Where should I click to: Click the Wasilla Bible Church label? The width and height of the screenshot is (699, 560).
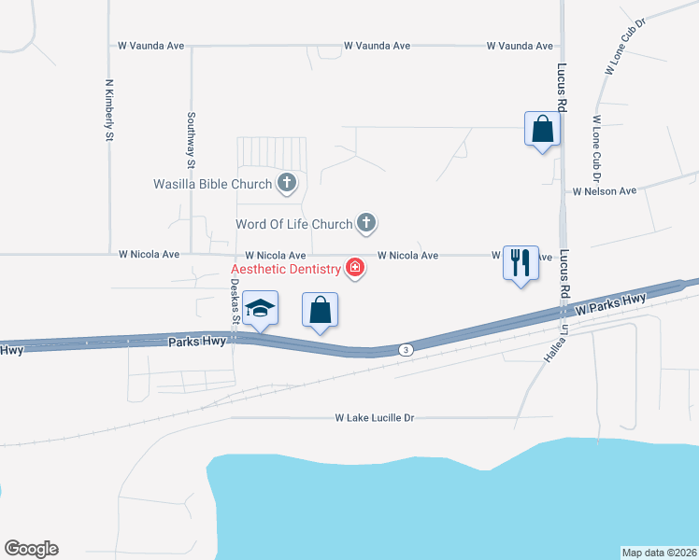pyautogui.click(x=212, y=184)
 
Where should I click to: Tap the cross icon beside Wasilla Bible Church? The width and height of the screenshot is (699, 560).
pyautogui.click(x=286, y=184)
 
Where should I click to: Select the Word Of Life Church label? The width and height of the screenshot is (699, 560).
pyautogui.click(x=293, y=224)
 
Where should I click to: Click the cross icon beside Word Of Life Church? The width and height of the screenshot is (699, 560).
pyautogui.click(x=367, y=223)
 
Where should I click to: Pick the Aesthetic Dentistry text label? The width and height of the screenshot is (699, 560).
pyautogui.click(x=286, y=270)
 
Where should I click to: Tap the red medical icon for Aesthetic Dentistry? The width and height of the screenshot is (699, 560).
pyautogui.click(x=355, y=269)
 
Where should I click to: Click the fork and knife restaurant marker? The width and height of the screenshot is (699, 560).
pyautogui.click(x=521, y=261)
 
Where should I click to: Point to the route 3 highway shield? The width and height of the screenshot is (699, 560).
pyautogui.click(x=405, y=349)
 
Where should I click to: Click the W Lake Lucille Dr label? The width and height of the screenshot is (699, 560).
pyautogui.click(x=374, y=418)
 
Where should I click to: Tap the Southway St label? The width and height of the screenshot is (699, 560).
pyautogui.click(x=191, y=141)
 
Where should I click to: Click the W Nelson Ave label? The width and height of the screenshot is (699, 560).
pyautogui.click(x=605, y=190)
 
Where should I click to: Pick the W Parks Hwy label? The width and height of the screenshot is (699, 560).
pyautogui.click(x=611, y=301)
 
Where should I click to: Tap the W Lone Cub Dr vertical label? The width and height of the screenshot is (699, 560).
pyautogui.click(x=595, y=149)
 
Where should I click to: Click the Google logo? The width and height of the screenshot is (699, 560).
pyautogui.click(x=31, y=549)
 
